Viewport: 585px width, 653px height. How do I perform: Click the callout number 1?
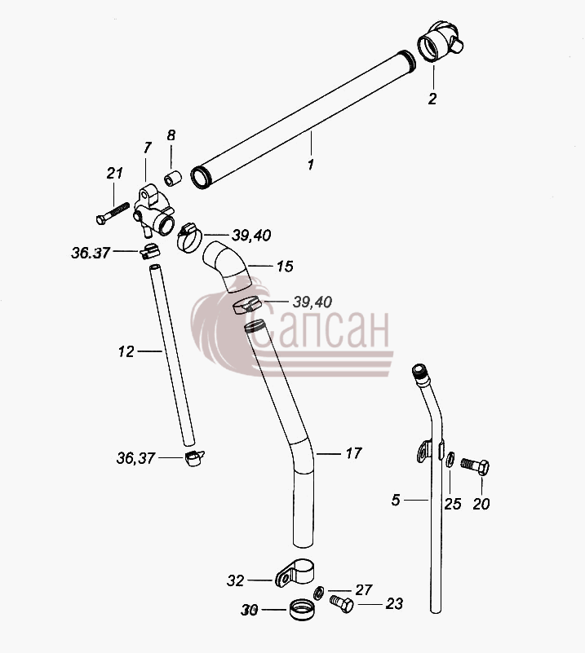(x=310, y=165)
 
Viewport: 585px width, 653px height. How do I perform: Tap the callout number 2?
(x=432, y=99)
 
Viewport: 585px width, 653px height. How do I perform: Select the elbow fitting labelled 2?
(x=440, y=42)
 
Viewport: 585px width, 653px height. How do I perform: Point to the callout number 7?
(x=147, y=148)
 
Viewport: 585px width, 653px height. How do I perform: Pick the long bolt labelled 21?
(x=113, y=213)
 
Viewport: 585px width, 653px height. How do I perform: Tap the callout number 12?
(x=126, y=352)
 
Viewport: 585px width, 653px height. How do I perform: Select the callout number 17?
(x=354, y=453)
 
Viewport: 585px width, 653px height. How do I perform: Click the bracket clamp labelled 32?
(x=295, y=573)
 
